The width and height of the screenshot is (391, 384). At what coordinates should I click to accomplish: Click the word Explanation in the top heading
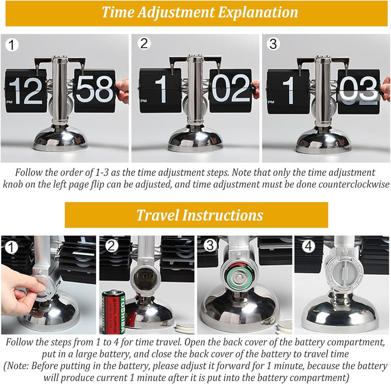click(x=258, y=12)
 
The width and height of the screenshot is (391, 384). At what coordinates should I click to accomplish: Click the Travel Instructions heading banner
click(x=197, y=215)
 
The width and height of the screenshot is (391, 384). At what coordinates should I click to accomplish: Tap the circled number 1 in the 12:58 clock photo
click(x=11, y=45)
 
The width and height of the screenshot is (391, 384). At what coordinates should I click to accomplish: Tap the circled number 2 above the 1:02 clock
click(x=144, y=43)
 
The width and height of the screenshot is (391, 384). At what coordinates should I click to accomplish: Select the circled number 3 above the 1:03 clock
click(x=273, y=44)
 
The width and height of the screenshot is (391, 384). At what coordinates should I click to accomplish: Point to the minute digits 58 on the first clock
click(x=94, y=89)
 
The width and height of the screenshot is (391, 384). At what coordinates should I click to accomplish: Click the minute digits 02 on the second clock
click(x=230, y=89)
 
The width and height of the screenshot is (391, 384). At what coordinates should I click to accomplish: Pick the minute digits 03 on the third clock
click(x=358, y=90)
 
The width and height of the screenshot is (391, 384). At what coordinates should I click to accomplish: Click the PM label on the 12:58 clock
click(x=9, y=102)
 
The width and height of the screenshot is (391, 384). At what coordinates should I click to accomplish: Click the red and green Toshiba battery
click(x=113, y=312)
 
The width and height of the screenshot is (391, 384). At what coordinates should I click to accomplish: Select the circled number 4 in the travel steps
click(x=308, y=247)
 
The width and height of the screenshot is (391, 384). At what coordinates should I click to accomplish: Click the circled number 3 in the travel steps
click(x=210, y=245)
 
